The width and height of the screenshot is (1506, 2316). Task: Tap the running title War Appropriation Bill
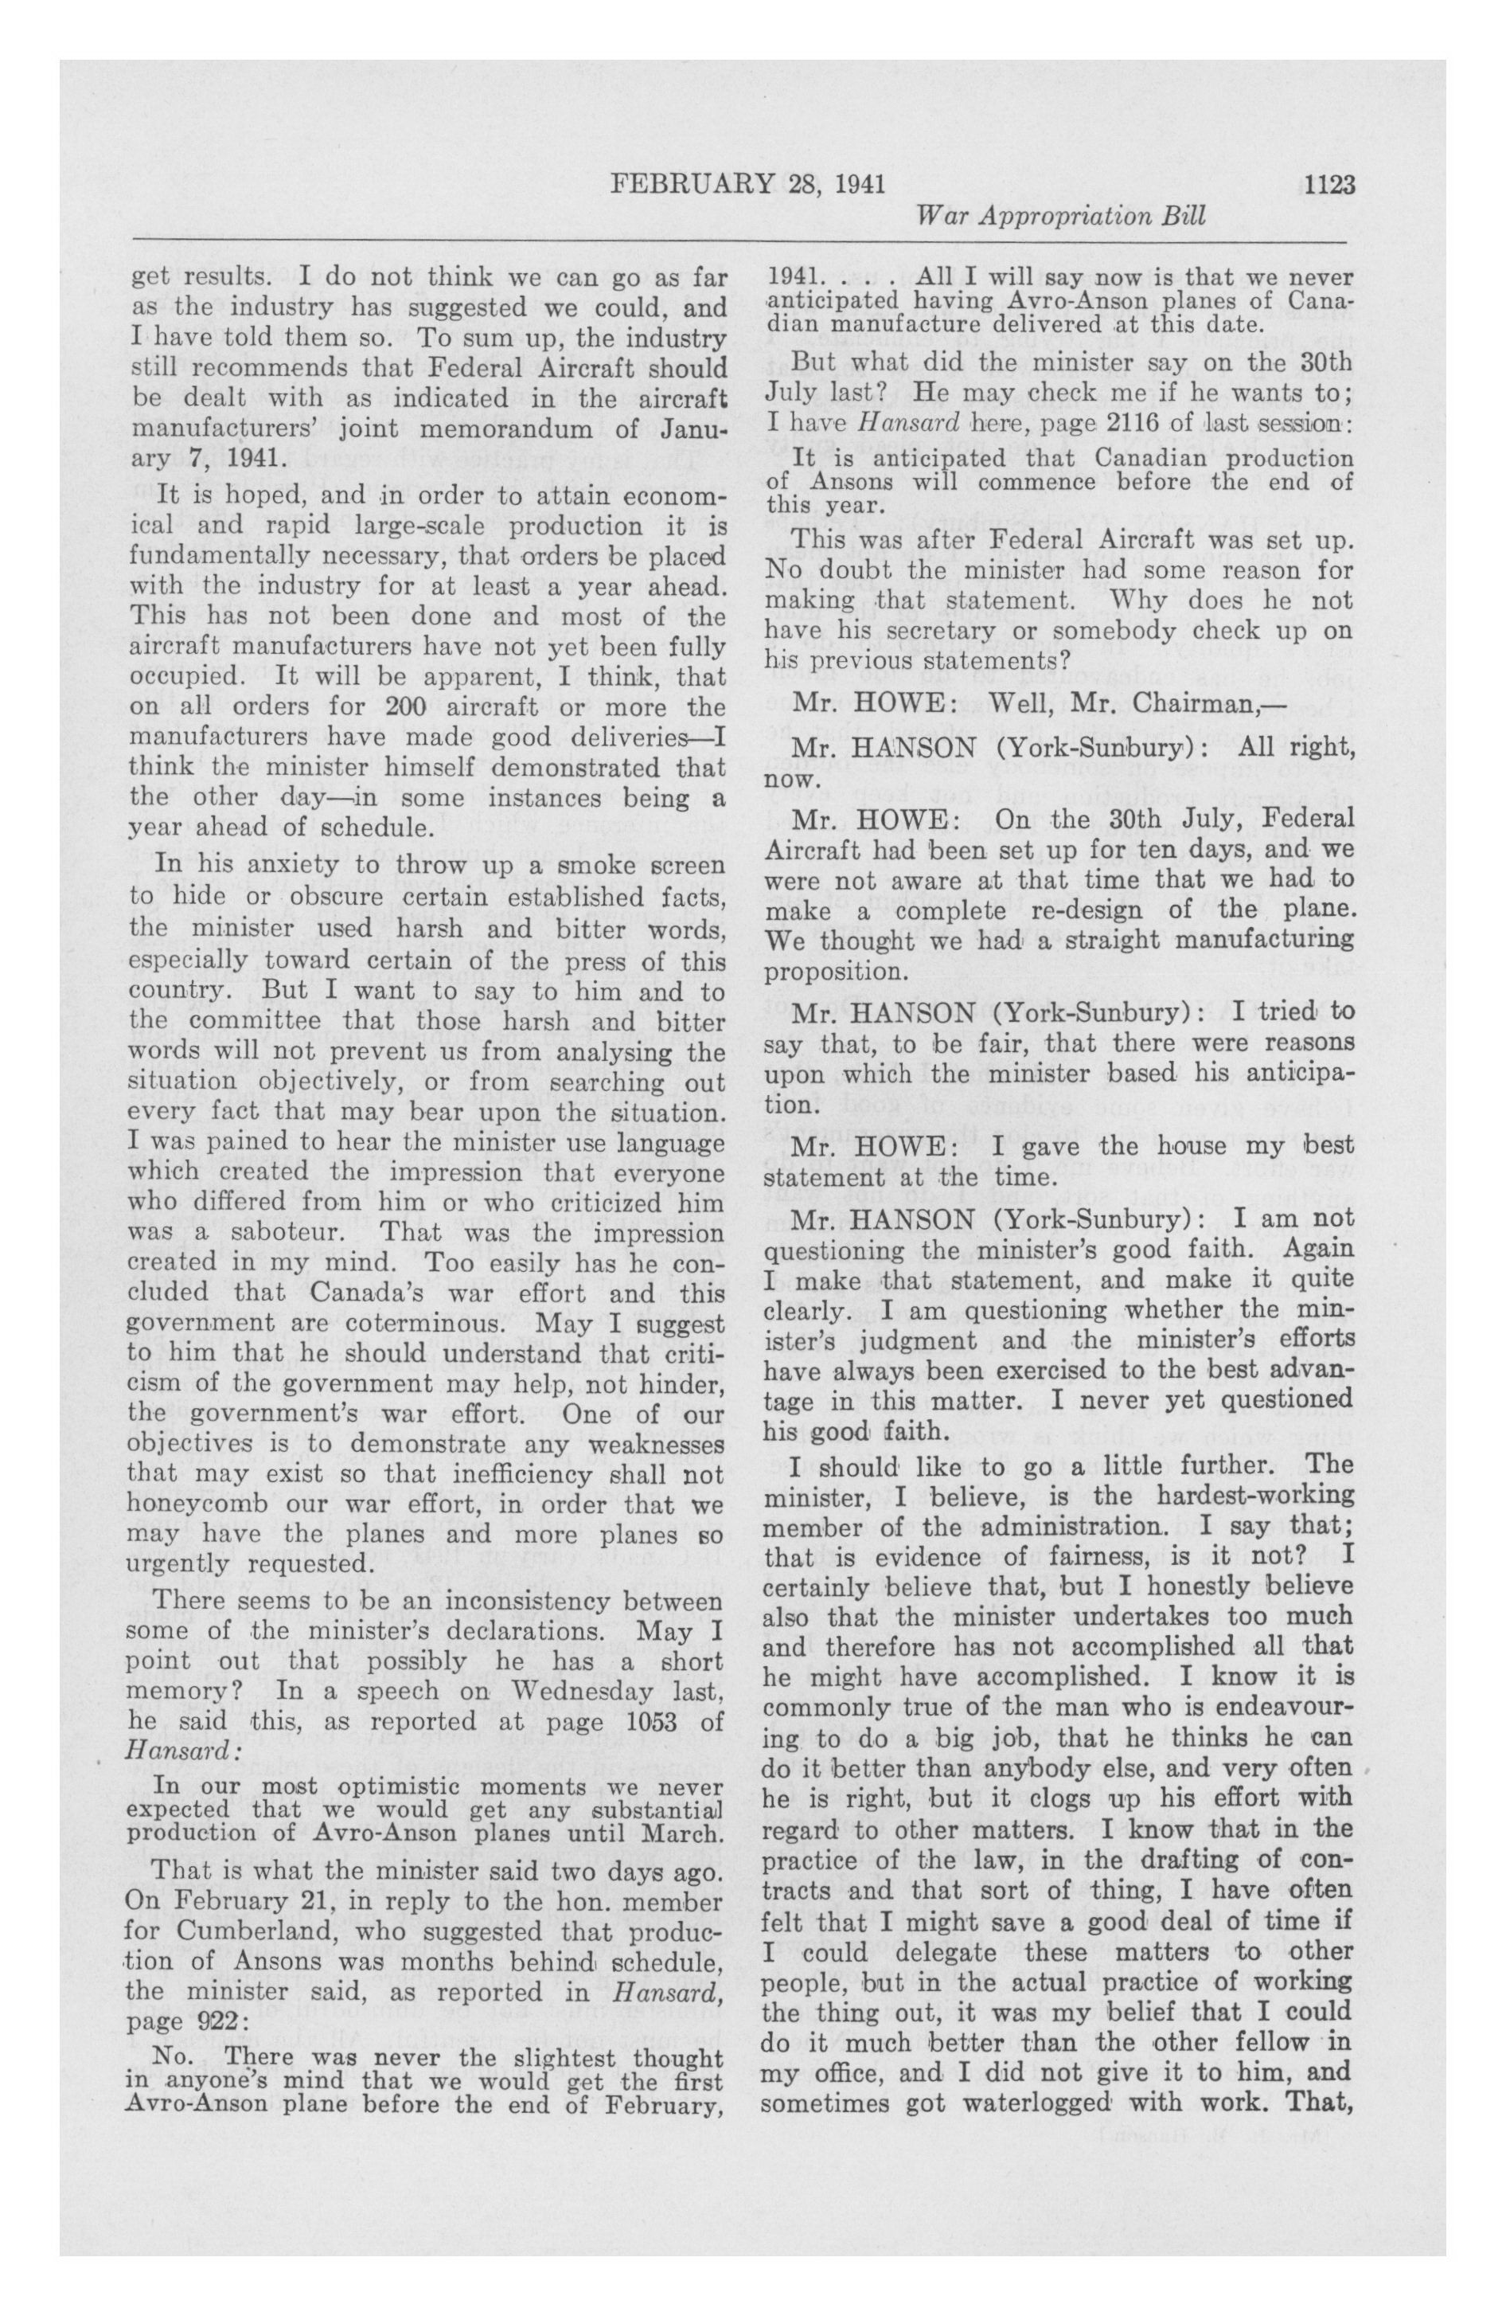point(1060,216)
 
